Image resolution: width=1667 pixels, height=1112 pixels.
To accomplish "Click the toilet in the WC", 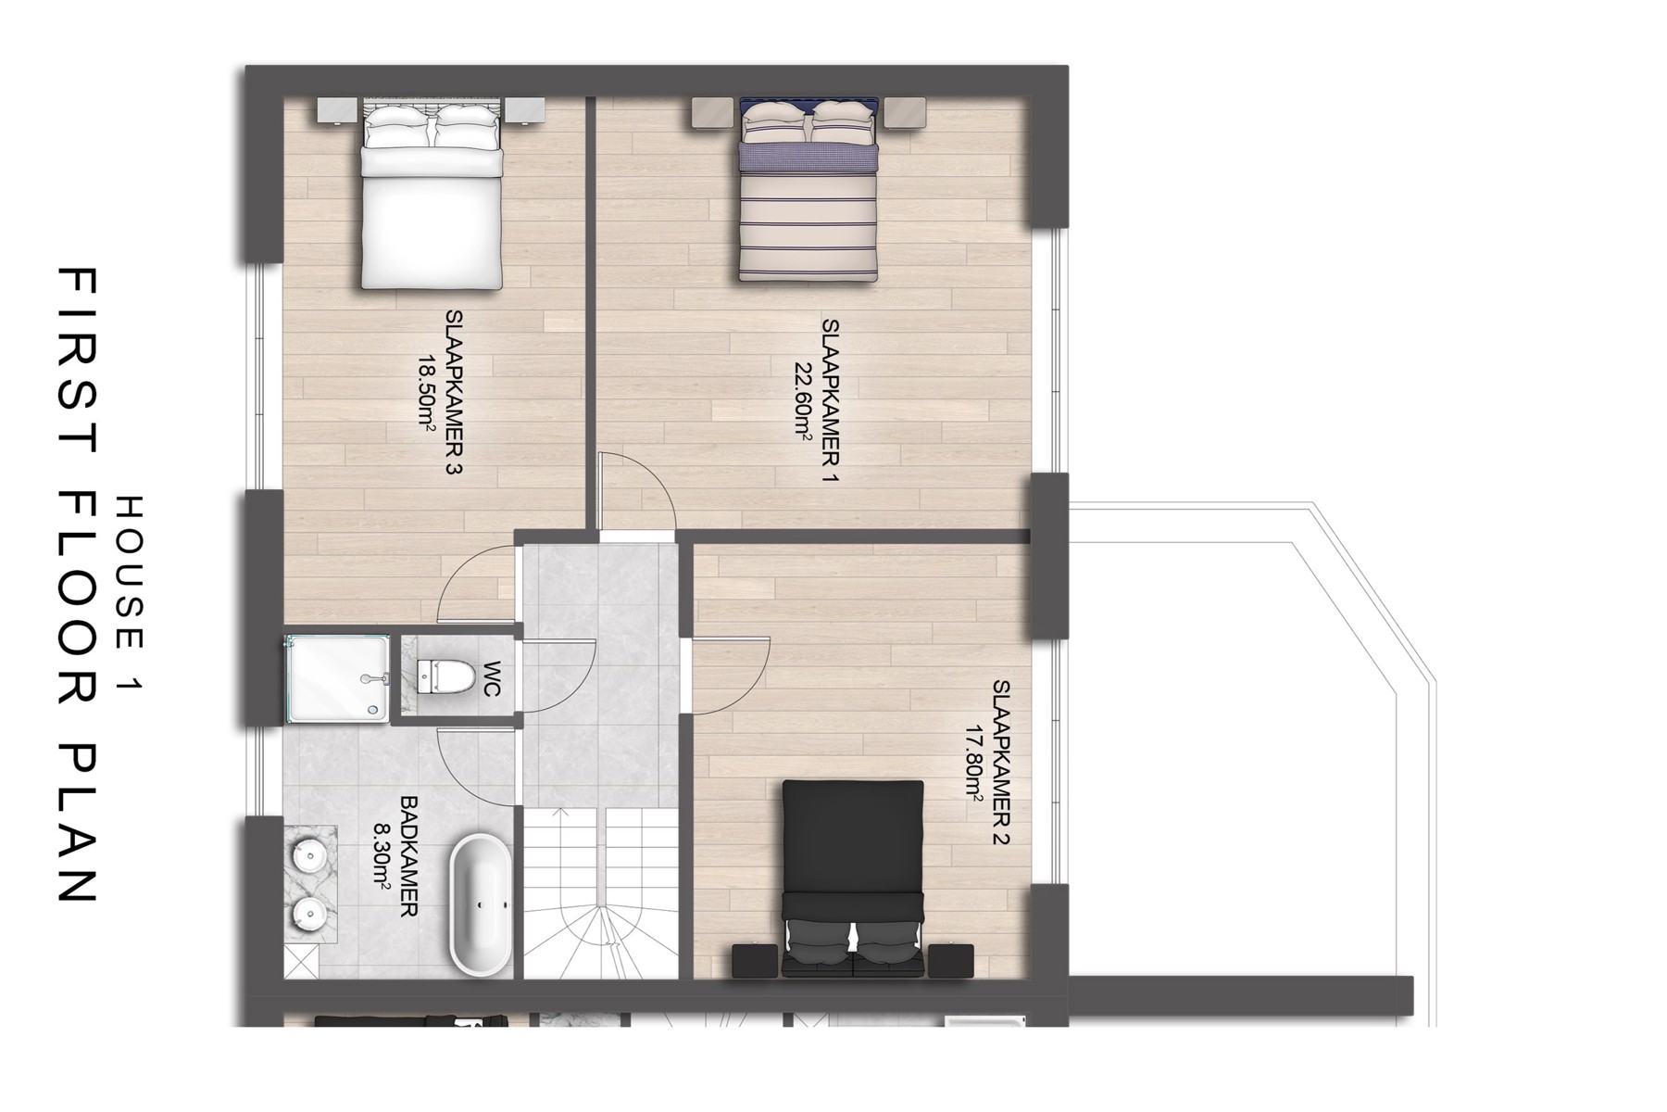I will [x=440, y=676].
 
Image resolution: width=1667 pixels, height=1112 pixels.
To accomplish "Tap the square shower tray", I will [x=337, y=677].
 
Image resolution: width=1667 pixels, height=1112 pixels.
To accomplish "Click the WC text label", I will [x=492, y=678].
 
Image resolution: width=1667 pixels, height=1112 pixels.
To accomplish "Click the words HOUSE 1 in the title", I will [x=129, y=593].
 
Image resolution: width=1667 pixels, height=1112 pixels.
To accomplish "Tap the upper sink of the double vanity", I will [x=308, y=853].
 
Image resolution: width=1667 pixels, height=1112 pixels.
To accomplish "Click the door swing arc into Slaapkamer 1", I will [x=639, y=491].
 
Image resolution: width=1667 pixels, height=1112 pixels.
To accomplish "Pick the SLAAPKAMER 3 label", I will [x=453, y=393].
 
